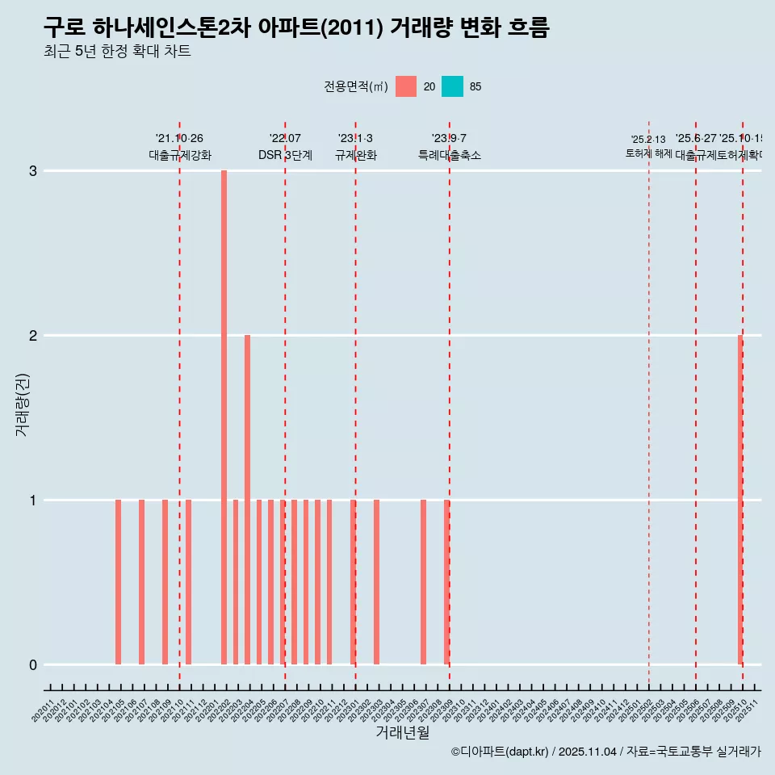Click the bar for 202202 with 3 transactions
tap(224, 417)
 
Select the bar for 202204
tap(247, 500)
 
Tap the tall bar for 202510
tap(740, 500)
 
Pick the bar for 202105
tap(118, 582)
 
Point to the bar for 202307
tap(423, 582)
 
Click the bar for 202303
tap(376, 582)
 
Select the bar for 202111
tap(188, 582)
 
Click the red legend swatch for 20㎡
tap(406, 86)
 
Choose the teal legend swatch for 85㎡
tap(453, 86)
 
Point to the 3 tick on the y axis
tap(33, 171)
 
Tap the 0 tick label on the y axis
tap(33, 665)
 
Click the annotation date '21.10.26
tap(179, 138)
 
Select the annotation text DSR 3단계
tap(285, 155)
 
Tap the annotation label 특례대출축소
tap(449, 155)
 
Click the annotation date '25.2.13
tap(648, 140)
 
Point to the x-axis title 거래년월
tap(402, 732)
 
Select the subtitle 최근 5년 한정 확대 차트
tap(117, 52)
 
